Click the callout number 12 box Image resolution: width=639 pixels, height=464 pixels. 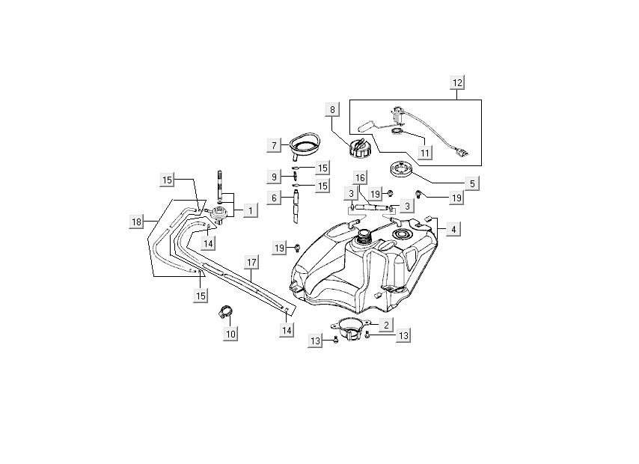[x=458, y=82]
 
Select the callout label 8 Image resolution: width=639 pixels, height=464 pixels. [x=331, y=111]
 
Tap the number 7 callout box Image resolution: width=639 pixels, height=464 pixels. [x=275, y=144]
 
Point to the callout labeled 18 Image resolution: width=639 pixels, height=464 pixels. [x=135, y=222]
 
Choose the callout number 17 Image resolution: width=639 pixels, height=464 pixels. [x=251, y=263]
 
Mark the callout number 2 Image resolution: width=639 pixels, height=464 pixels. [x=385, y=325]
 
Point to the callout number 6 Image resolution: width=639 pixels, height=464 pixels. [x=275, y=198]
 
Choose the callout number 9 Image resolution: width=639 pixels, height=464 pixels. [x=275, y=177]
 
